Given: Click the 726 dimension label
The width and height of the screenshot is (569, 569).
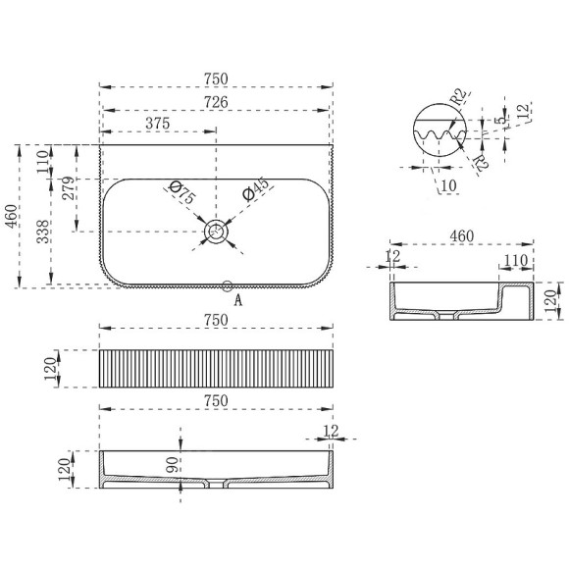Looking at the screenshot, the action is click(216, 102).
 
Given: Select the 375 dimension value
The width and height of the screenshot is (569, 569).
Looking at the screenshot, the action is click(158, 124).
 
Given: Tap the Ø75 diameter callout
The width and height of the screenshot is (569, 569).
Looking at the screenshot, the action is click(182, 192).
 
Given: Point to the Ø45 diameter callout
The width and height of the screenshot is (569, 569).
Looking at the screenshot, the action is click(257, 189).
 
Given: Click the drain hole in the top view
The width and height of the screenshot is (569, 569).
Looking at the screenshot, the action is click(216, 232).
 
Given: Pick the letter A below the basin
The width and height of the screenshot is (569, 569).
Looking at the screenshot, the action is click(238, 300).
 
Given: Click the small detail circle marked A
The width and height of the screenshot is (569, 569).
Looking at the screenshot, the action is click(228, 285).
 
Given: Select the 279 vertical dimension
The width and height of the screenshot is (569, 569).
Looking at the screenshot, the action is click(70, 188).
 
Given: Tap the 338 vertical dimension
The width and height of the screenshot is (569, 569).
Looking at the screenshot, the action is click(43, 232).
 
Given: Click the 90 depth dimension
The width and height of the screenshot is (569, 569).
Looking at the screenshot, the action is click(173, 465).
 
